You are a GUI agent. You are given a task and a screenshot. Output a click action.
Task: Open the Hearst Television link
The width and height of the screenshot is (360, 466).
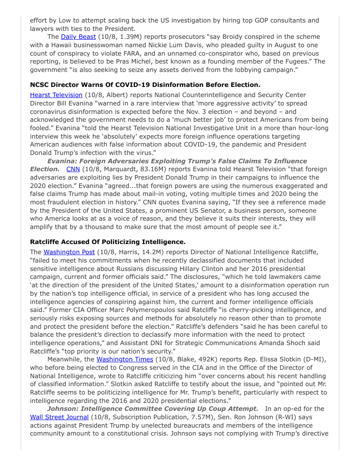pyautogui.click(x=56, y=95)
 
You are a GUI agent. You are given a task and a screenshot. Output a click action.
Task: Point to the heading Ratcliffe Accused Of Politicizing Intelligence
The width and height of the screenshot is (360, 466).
pyautogui.click(x=108, y=242)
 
